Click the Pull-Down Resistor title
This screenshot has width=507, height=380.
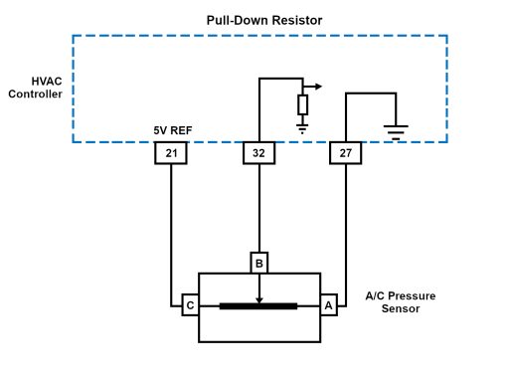(x=264, y=20)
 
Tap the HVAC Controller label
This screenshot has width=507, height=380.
(x=35, y=88)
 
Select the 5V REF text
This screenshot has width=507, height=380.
(x=173, y=130)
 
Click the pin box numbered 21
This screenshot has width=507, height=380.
(x=171, y=153)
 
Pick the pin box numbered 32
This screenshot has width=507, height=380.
(x=258, y=153)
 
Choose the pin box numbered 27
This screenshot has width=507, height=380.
(x=346, y=153)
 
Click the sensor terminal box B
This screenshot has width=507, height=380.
(x=259, y=263)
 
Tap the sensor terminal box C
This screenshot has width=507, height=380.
(x=190, y=305)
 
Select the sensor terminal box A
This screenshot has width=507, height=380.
(x=328, y=305)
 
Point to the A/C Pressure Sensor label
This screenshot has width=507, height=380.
(x=401, y=302)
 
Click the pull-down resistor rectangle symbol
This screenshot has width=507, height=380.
(x=302, y=104)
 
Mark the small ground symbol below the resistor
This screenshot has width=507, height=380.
(x=302, y=128)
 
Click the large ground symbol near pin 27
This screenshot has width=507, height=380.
(x=396, y=132)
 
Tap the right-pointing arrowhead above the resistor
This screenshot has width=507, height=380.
(x=318, y=87)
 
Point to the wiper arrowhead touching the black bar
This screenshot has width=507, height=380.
(x=259, y=300)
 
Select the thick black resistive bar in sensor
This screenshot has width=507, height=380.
(x=258, y=306)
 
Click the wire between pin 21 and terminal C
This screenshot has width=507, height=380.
(x=171, y=235)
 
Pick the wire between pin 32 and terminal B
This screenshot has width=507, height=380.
(x=259, y=208)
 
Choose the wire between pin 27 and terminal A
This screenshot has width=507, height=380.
(x=346, y=235)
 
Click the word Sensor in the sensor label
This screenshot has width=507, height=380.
(x=401, y=308)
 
